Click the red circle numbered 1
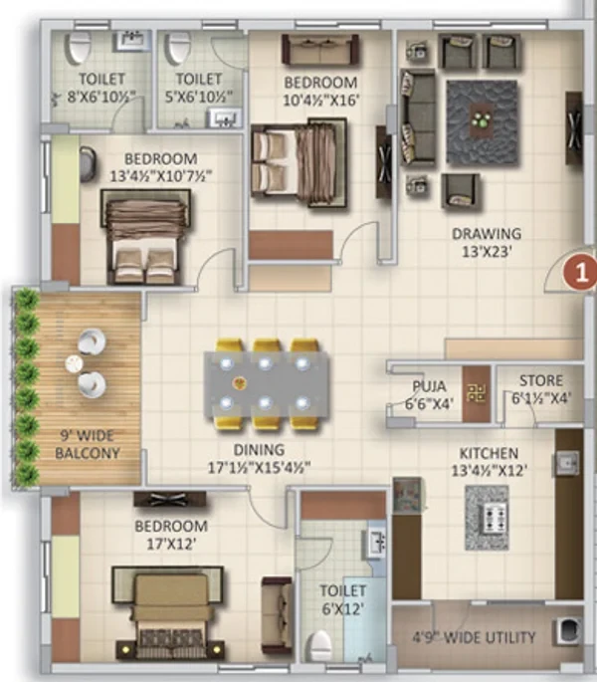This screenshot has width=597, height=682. (580, 273)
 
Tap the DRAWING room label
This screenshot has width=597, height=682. (487, 234)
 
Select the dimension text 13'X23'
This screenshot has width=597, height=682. (487, 252)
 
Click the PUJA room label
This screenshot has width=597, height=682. (429, 385)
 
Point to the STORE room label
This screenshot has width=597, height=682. (541, 380)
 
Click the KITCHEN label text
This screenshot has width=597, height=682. (489, 453)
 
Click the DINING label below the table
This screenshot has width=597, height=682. (259, 449)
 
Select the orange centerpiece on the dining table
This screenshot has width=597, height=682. (238, 383)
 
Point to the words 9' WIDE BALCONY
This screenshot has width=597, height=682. (88, 444)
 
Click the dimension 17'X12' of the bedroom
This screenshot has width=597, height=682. (170, 544)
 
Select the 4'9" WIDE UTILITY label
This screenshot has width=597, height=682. (474, 637)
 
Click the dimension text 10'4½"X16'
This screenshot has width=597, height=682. (321, 101)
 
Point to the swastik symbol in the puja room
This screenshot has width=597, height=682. (477, 392)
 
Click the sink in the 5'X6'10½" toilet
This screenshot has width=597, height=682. (225, 117)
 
